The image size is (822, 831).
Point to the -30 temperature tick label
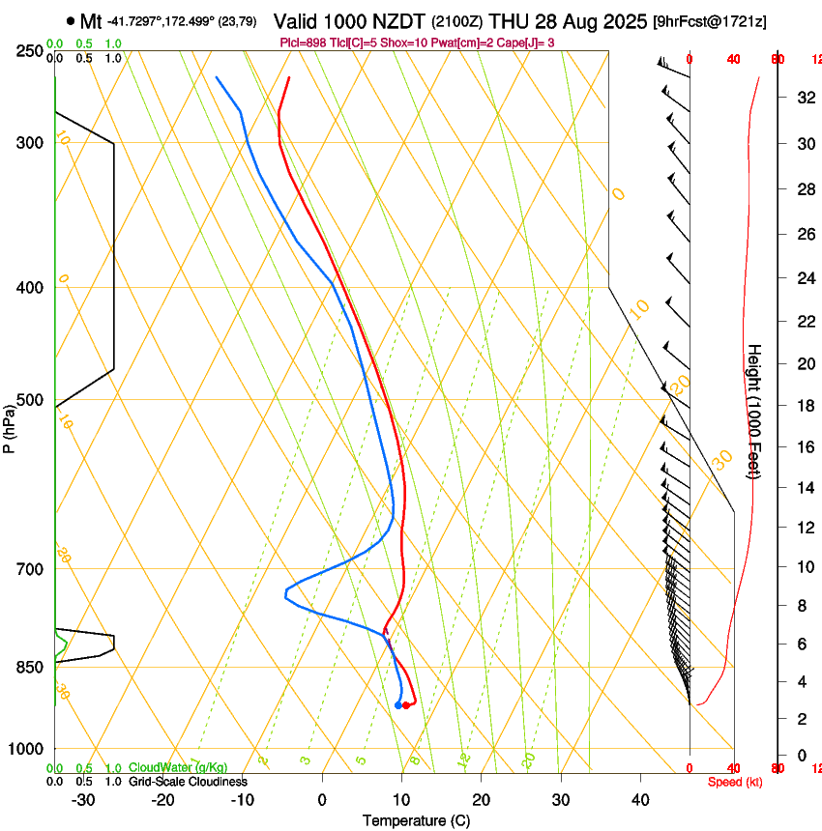pos(83,799)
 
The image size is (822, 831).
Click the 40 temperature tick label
pos(640,799)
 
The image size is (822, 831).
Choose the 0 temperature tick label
pos(322,799)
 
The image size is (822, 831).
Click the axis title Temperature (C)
pos(416,820)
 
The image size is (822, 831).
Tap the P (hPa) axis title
pos(9,425)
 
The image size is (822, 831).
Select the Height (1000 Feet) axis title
pos(754,411)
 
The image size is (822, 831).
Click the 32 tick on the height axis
pos(804,97)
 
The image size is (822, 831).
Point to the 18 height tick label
pos(804,406)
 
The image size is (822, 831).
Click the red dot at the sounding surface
pos(406,705)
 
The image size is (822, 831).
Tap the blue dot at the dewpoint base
pos(398,705)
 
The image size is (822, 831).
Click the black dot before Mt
pos(71,20)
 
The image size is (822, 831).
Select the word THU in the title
pos(509,20)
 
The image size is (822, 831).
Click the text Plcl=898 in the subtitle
pos(304,43)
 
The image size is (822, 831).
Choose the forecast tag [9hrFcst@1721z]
pos(710,21)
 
